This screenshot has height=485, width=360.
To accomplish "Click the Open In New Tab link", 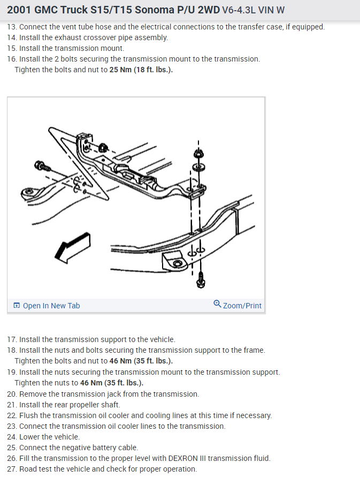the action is tap(47, 306).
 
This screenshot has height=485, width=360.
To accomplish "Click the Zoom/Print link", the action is tap(238, 305).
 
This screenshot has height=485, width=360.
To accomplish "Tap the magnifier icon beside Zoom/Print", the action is tap(217, 304).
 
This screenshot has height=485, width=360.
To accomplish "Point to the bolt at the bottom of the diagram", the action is tap(201, 279).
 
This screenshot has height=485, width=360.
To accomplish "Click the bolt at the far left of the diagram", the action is tap(42, 166).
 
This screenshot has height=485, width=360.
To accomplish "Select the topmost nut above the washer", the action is tap(198, 154).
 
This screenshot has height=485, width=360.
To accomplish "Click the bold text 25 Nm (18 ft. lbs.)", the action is tap(141, 70).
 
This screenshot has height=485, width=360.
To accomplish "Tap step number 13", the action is tap(12, 27).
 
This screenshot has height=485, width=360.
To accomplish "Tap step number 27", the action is tap(12, 469).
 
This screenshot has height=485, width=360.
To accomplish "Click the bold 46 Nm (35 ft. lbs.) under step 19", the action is tap(112, 383).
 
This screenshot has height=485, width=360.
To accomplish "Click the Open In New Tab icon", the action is tap(17, 306).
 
